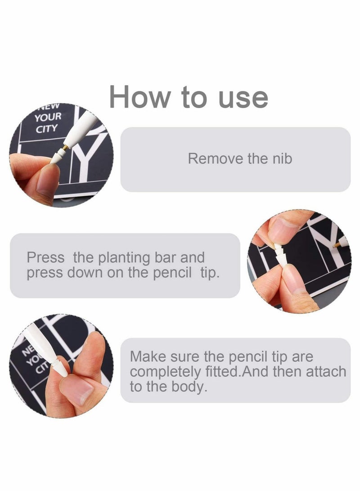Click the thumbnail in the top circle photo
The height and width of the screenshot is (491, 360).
pos(48,180)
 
